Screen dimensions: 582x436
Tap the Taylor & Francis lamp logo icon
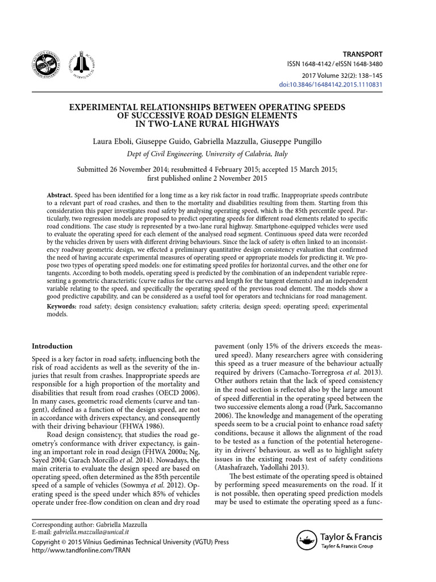tap(307, 538)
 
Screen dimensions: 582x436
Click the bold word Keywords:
tap(62, 306)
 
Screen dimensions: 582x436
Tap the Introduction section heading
tap(52, 346)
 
